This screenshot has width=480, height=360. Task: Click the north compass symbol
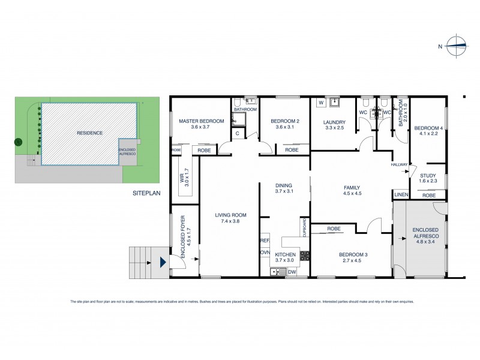(x=457, y=46)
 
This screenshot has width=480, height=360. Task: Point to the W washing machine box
(x=320, y=103)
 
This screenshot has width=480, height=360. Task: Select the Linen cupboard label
(x=400, y=194)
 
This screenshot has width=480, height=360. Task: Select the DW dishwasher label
(x=292, y=272)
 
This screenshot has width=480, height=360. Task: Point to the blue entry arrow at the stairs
(x=162, y=262)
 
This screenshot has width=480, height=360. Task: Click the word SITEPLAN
(x=147, y=194)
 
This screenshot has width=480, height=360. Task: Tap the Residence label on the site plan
(x=89, y=133)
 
